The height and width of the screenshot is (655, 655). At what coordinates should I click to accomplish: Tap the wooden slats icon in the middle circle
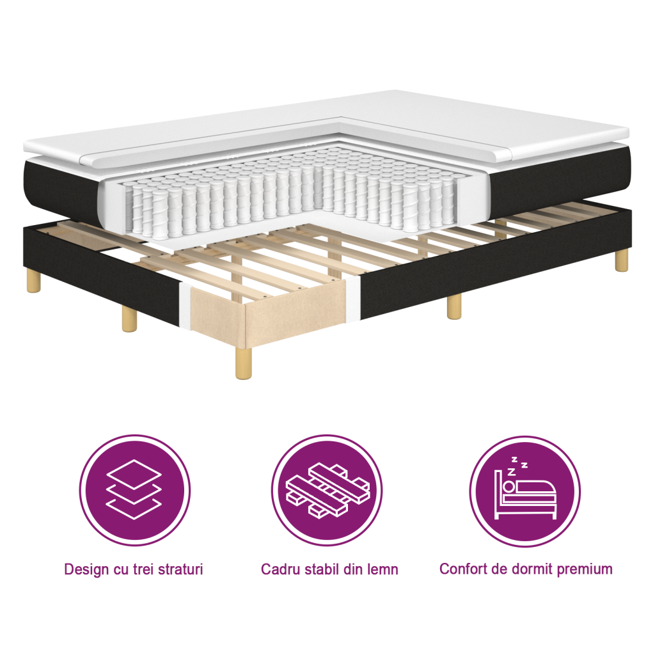(x=327, y=490)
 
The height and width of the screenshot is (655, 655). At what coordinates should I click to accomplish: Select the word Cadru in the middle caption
(x=280, y=569)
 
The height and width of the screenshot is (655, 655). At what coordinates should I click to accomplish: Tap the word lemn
(x=381, y=569)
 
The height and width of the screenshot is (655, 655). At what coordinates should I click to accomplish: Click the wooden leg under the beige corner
(x=242, y=365)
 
